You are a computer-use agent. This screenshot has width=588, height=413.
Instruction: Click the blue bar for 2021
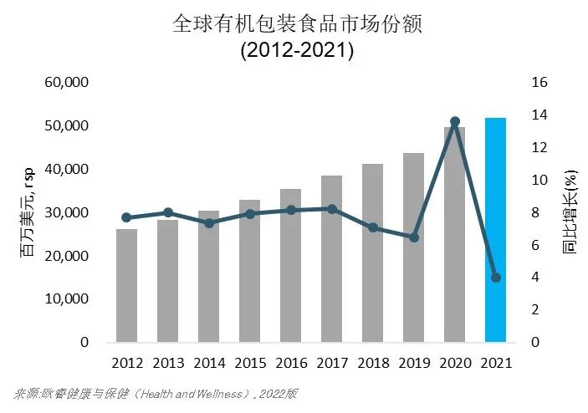[x=495, y=230]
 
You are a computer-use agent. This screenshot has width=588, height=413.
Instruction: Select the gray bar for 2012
[x=126, y=285]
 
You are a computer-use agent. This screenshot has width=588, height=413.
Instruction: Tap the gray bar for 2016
[x=290, y=265]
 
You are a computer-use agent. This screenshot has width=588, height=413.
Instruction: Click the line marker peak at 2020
[x=454, y=122]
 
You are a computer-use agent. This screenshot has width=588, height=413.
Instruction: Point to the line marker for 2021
[x=495, y=278]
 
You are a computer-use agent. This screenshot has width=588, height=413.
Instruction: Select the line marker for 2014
[x=208, y=223]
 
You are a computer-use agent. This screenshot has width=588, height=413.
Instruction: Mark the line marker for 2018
[x=372, y=227]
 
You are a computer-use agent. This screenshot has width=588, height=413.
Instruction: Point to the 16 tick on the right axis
[x=539, y=83]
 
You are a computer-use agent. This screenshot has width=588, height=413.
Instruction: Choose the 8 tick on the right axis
[x=535, y=212]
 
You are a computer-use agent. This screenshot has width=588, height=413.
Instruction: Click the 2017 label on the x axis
[x=331, y=364]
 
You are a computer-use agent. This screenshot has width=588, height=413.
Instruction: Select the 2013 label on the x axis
[x=167, y=364]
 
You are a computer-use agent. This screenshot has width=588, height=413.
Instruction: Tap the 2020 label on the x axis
[x=454, y=364]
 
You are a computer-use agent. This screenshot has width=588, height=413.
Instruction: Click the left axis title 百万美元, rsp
[x=28, y=212]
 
